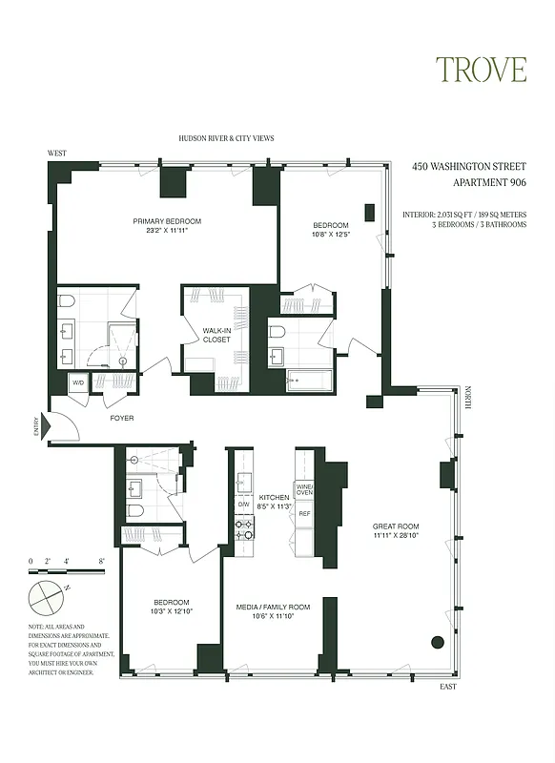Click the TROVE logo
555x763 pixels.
[481, 70]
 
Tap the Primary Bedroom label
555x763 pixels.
[167, 221]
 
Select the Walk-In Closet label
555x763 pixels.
[216, 334]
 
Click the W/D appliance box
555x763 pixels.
[77, 383]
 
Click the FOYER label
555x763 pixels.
[121, 418]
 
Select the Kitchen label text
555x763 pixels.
[275, 498]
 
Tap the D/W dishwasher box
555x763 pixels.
[243, 504]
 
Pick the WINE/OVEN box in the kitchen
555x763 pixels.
[304, 489]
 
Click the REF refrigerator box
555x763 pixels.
[304, 514]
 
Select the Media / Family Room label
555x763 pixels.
[274, 607]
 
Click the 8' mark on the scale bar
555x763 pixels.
[101, 562]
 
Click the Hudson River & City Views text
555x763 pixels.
[226, 138]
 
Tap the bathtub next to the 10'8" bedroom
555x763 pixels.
[308, 381]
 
